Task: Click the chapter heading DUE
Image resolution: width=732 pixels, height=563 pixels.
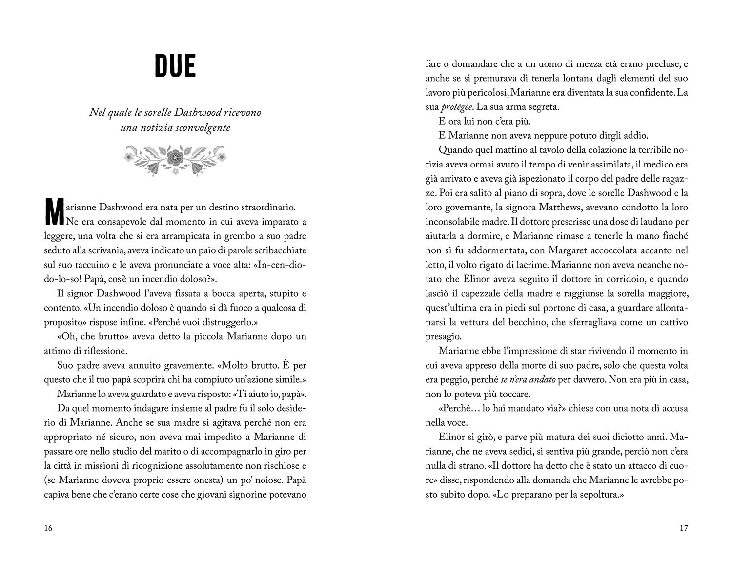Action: (x=175, y=67)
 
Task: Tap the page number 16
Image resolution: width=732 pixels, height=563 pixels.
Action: (x=48, y=528)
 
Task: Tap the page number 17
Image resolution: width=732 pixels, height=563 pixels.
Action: (x=684, y=528)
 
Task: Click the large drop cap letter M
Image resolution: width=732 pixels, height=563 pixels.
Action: (x=54, y=211)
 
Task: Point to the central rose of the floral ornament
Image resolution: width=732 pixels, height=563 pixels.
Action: (x=175, y=157)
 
